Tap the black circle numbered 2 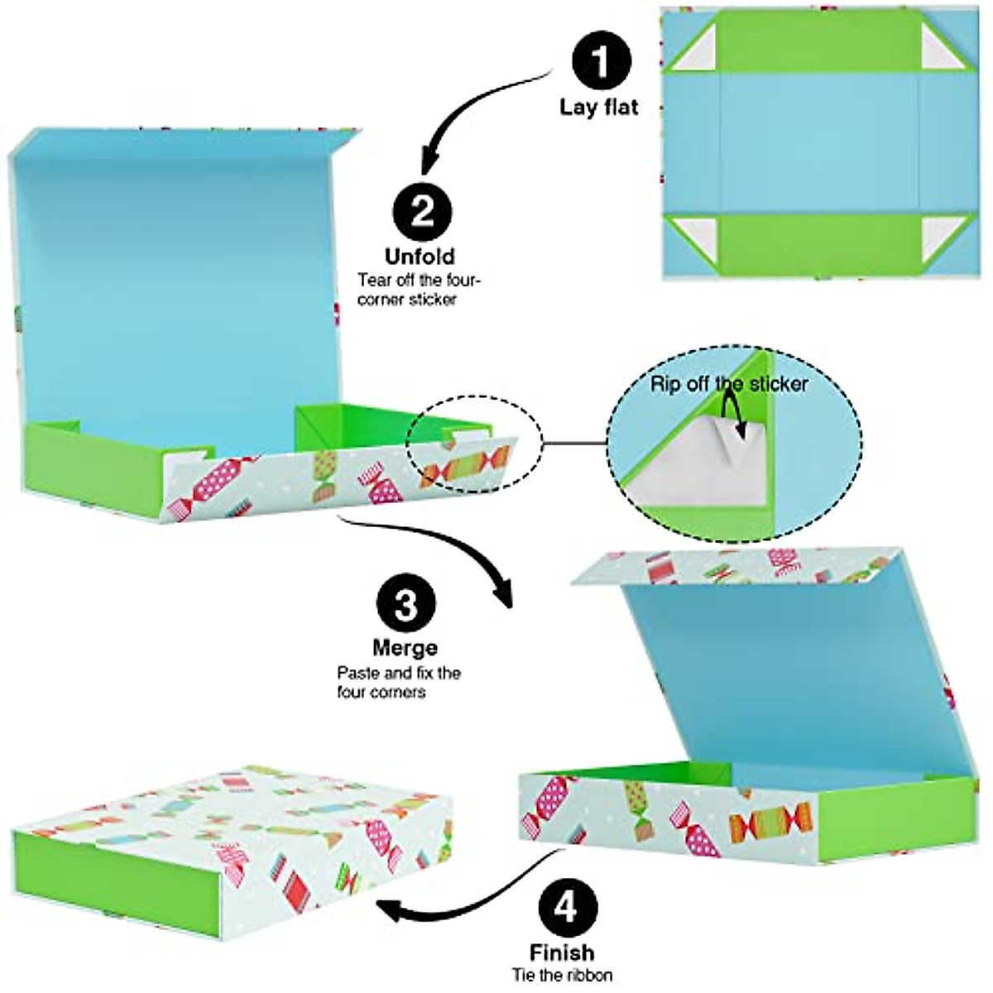pyautogui.click(x=423, y=213)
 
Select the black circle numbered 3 pyautogui.click(x=405, y=606)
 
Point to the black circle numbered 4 pyautogui.click(x=565, y=909)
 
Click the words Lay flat pyautogui.click(x=599, y=107)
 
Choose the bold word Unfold pyautogui.click(x=420, y=256)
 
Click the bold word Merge pyautogui.click(x=405, y=647)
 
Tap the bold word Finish pyautogui.click(x=562, y=952)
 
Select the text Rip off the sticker pyautogui.click(x=729, y=383)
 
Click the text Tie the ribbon pyautogui.click(x=562, y=975)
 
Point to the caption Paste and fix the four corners pyautogui.click(x=398, y=682)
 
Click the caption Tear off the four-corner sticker pyautogui.click(x=419, y=290)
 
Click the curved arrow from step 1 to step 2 pyautogui.click(x=480, y=108)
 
